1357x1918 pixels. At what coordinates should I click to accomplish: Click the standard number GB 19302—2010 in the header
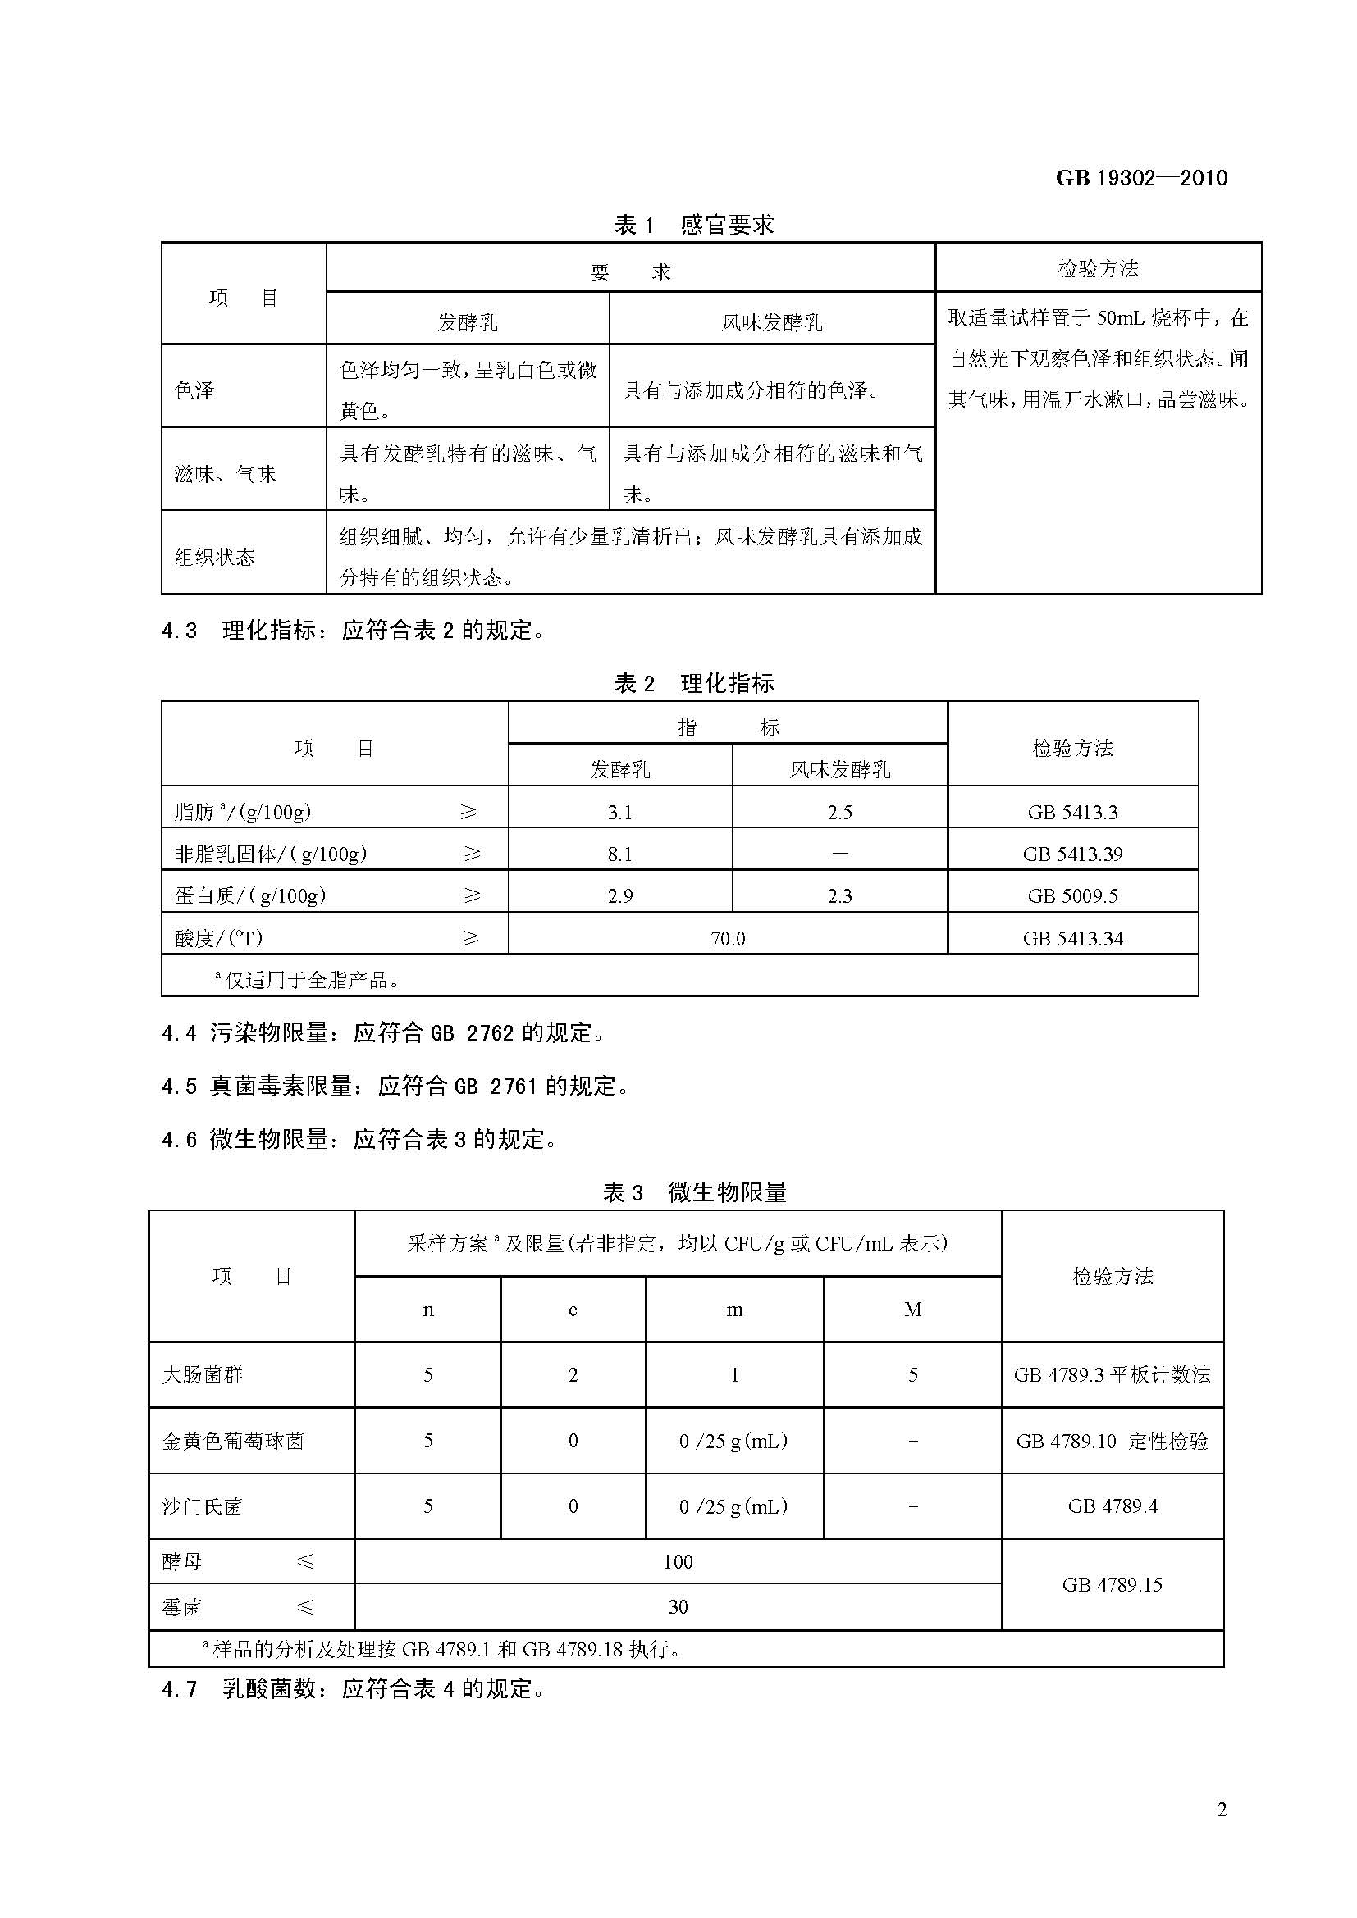tap(1141, 177)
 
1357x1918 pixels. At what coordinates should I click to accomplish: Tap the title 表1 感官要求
tap(693, 224)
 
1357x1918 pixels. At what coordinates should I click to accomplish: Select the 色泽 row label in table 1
tap(194, 390)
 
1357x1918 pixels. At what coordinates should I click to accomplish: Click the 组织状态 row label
tap(215, 557)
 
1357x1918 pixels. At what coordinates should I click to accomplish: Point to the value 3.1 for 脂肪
tap(620, 812)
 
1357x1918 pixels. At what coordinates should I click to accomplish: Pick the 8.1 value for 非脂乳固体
tap(620, 854)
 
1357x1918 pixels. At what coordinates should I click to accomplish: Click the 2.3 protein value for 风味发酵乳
tap(840, 896)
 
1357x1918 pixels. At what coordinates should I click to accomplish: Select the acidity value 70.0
tap(728, 938)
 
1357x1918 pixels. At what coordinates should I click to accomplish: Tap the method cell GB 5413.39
tap(1073, 854)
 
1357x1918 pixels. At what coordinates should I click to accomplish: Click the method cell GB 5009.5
tap(1073, 896)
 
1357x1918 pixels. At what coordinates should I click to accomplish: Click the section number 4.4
tap(179, 1033)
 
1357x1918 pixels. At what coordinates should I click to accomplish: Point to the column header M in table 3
tap(912, 1310)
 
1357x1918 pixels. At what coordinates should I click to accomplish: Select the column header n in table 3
tap(427, 1310)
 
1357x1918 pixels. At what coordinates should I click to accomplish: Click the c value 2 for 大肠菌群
tap(573, 1375)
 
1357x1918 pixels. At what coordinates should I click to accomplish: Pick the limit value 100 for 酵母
tap(678, 1561)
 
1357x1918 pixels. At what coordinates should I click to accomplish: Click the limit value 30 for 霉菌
tap(678, 1606)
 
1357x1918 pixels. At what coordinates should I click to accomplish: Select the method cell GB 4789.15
tap(1113, 1585)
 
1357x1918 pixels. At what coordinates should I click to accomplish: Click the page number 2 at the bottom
tap(1222, 1810)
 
